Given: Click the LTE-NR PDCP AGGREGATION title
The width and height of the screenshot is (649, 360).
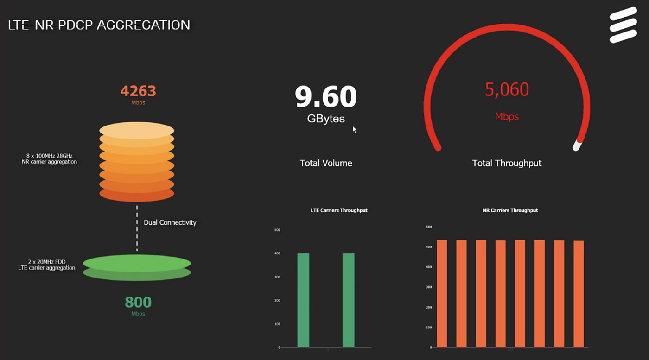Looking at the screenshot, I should pos(99,25).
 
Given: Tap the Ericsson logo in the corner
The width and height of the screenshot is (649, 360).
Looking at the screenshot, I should pos(623,25).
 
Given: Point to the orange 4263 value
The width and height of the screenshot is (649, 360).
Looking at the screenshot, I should pos(138,91).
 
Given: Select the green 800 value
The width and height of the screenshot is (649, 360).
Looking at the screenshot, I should pos(138,302).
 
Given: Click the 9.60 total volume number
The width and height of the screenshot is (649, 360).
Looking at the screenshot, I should pos(326,96).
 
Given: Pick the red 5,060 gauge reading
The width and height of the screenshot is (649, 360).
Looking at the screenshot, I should pos(507,89).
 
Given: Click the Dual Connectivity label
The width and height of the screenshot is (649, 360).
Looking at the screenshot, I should pos(170,222).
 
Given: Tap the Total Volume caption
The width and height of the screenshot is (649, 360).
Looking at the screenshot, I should pos(326,163).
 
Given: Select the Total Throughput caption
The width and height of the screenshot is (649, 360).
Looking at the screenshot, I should pos(507,163).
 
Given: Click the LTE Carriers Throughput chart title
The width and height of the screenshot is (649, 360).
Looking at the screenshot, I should pos(339,210).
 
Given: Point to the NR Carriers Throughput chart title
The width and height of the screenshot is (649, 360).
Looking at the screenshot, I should pos(510,210).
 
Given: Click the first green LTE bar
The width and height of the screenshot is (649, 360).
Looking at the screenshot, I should pos(303,300).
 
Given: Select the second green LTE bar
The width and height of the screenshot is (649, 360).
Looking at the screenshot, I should pos(349,300).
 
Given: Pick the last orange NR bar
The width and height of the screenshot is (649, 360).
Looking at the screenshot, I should pos(579,294).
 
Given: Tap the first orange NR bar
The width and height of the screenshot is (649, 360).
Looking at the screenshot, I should pos(442,293).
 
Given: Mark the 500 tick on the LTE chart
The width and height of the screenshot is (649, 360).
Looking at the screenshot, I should pos(278,230).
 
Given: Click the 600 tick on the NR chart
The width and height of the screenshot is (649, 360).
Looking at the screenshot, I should pos(429,227).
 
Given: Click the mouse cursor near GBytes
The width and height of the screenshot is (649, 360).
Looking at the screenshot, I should pos(355,130).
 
